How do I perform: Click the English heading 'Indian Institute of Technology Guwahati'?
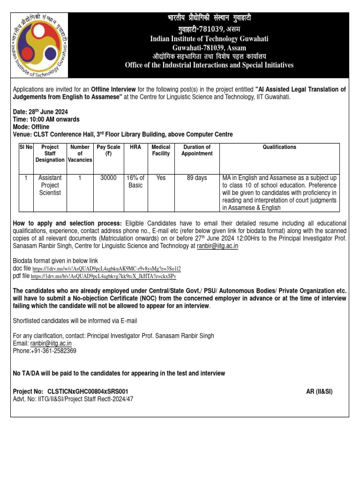coord(209,39)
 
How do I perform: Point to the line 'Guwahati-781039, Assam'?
coord(209,48)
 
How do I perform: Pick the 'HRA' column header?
coord(135,147)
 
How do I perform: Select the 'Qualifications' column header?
coord(279,147)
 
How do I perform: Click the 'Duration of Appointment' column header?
coord(197,150)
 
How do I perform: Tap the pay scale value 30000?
coord(108,178)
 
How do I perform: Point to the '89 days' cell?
coord(197,178)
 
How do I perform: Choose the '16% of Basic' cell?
coord(135,182)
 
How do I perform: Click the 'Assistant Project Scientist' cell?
coord(50,186)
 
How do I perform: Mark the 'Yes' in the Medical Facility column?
coord(161,178)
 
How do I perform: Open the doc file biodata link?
coord(106,269)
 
